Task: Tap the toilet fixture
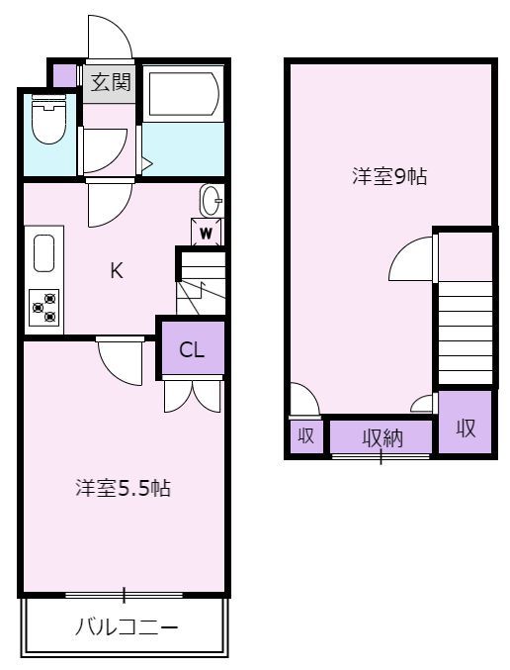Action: tap(49, 119)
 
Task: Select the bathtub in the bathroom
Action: tap(183, 94)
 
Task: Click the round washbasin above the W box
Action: tap(212, 200)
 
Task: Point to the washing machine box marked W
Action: tap(207, 232)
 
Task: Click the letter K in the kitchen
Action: tap(117, 270)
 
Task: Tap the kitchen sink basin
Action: tap(43, 252)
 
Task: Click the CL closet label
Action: tap(192, 350)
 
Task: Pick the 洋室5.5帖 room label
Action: tap(123, 488)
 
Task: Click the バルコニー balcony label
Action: tap(127, 627)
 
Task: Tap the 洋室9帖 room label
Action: tap(389, 176)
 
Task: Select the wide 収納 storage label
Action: tap(382, 437)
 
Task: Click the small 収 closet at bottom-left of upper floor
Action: tap(305, 436)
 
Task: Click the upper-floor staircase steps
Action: tap(466, 332)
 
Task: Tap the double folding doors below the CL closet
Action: tap(192, 396)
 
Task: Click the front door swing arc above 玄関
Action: tap(110, 38)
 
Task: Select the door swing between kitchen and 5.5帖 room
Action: tap(121, 361)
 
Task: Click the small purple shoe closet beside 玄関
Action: tap(64, 75)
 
